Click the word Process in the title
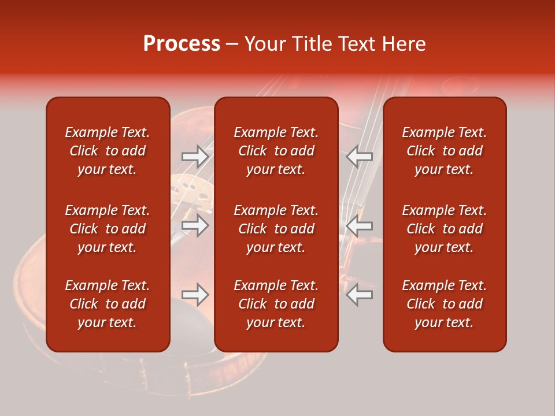click(x=182, y=44)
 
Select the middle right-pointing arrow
click(x=195, y=225)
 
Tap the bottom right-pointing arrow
click(x=195, y=295)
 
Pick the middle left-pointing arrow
click(x=360, y=226)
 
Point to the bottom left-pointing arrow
click(x=360, y=295)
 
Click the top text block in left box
click(x=108, y=151)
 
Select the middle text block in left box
click(x=108, y=229)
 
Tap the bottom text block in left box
click(x=108, y=304)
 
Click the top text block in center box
click(x=276, y=151)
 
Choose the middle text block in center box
click(x=276, y=229)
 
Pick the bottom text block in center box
click(x=276, y=304)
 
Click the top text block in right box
click(x=445, y=151)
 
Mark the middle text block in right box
click(x=445, y=229)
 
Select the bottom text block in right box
click(x=445, y=304)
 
